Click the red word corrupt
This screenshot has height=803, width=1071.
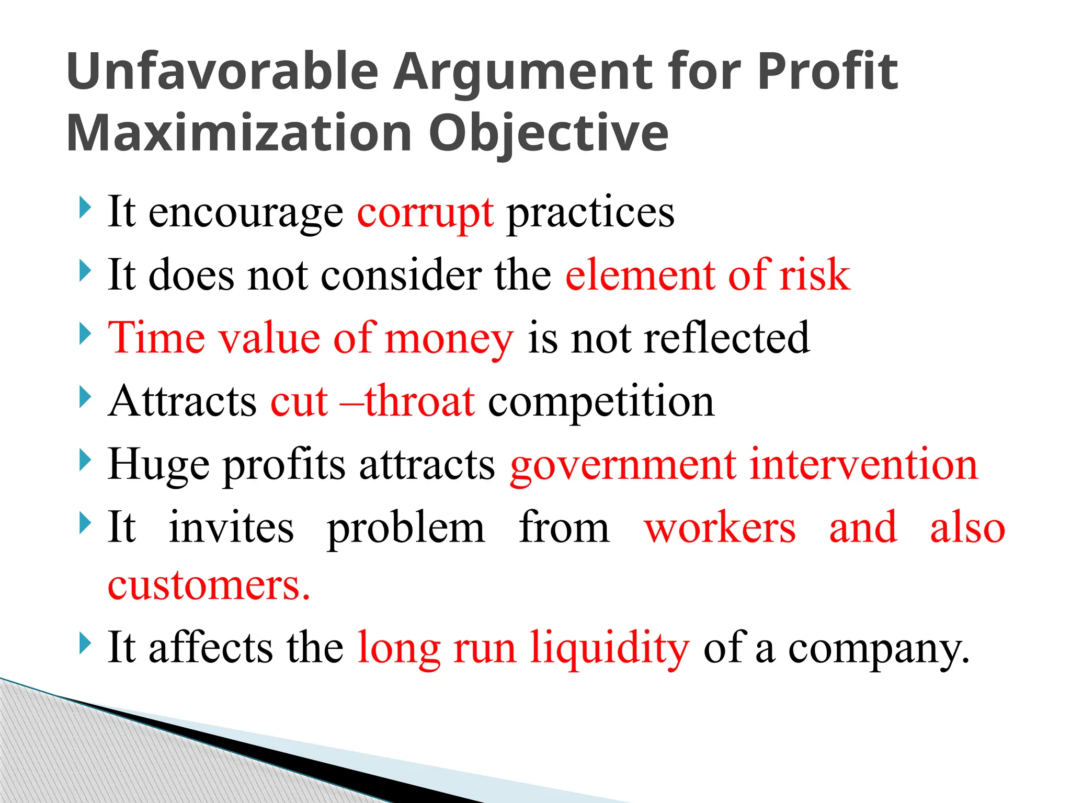tap(425, 213)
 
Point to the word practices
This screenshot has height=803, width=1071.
tap(591, 213)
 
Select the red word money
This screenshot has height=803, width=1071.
tap(449, 339)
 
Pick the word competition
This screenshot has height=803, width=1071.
tap(601, 401)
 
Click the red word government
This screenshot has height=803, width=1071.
tap(623, 465)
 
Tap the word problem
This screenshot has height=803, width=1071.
tap(406, 528)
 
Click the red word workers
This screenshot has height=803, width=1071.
tap(720, 527)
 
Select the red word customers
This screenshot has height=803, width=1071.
tap(208, 585)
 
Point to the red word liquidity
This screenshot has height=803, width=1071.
tap(610, 648)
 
